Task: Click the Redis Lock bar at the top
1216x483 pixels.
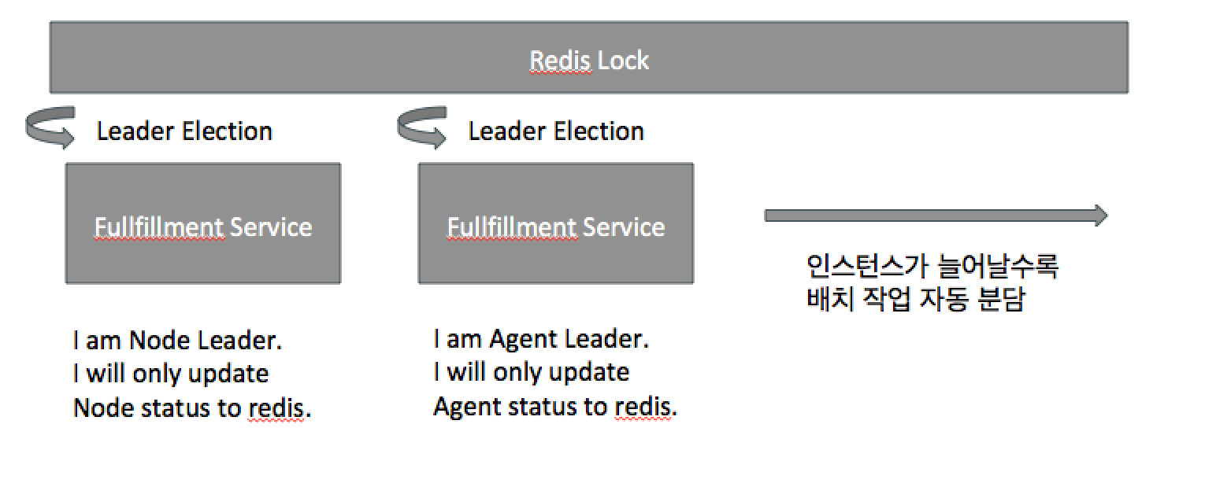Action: click(x=589, y=57)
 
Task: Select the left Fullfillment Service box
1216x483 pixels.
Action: click(x=203, y=223)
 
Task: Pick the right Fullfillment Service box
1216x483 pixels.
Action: click(x=556, y=223)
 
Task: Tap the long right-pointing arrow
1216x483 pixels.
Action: click(x=936, y=216)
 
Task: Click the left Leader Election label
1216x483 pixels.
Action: click(x=184, y=131)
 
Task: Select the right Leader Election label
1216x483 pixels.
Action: click(x=556, y=131)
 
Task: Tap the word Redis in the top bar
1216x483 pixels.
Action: click(x=560, y=61)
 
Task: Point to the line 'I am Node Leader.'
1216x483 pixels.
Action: click(x=177, y=340)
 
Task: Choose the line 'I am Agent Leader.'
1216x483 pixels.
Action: click(x=541, y=340)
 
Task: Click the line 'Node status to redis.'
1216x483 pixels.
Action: click(x=191, y=408)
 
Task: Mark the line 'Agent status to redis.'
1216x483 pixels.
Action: click(x=555, y=407)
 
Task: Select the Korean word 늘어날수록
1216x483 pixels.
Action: click(x=999, y=267)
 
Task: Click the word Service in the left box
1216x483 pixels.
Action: click(x=271, y=227)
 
